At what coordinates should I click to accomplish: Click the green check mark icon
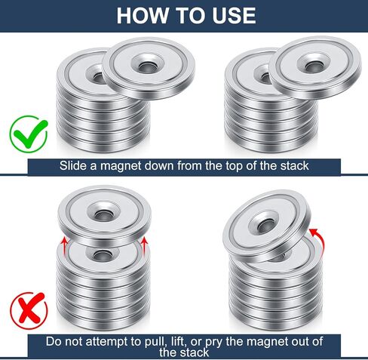(29, 134)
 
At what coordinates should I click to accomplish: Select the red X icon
(29, 310)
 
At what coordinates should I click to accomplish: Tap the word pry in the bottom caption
(214, 342)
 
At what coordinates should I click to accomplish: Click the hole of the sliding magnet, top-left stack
(147, 66)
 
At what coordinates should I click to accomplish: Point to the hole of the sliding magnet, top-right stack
(313, 66)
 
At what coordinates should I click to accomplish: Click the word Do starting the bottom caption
(54, 342)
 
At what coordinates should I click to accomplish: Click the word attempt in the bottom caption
(107, 342)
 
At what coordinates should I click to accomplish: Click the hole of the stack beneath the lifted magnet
(101, 256)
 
